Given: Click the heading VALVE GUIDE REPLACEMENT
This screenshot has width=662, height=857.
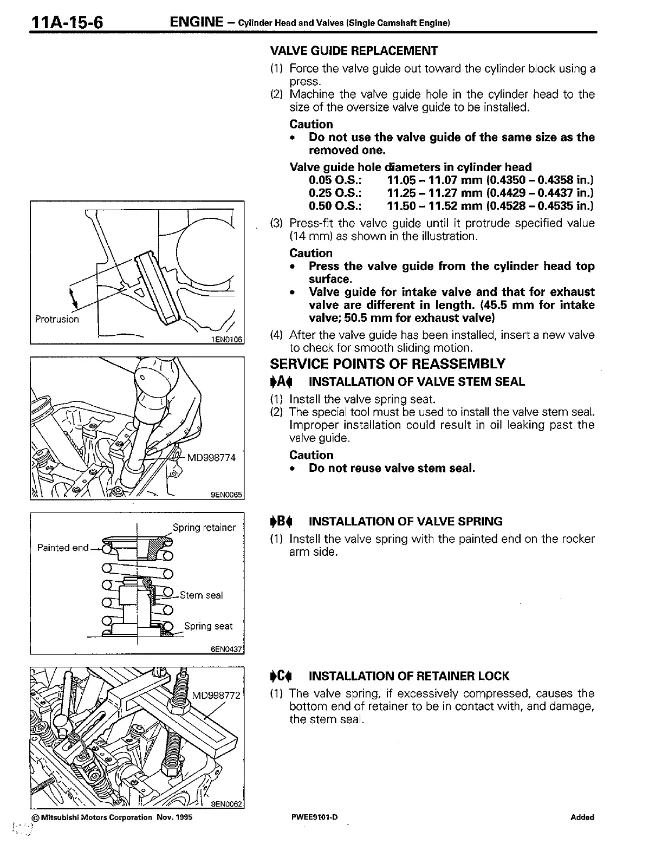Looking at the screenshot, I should coord(353,51).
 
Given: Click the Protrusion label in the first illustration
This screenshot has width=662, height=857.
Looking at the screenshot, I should coord(56,319).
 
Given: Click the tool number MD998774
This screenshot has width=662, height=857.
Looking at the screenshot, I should coord(211,457).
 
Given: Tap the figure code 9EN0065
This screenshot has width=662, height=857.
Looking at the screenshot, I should coord(227,494).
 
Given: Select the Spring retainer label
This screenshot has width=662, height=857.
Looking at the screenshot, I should coord(204,528).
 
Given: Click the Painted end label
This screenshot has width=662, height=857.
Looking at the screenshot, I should coord(63,548).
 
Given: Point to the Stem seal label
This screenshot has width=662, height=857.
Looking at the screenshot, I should coord(201,595).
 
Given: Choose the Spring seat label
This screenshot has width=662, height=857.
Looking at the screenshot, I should coord(208,626).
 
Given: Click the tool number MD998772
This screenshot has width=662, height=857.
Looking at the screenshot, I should coord(216,695).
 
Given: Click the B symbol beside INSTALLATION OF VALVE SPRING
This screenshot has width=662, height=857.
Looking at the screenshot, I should coord(281,522).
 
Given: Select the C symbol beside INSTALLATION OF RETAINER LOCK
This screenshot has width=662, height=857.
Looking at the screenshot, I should coord(281,676).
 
